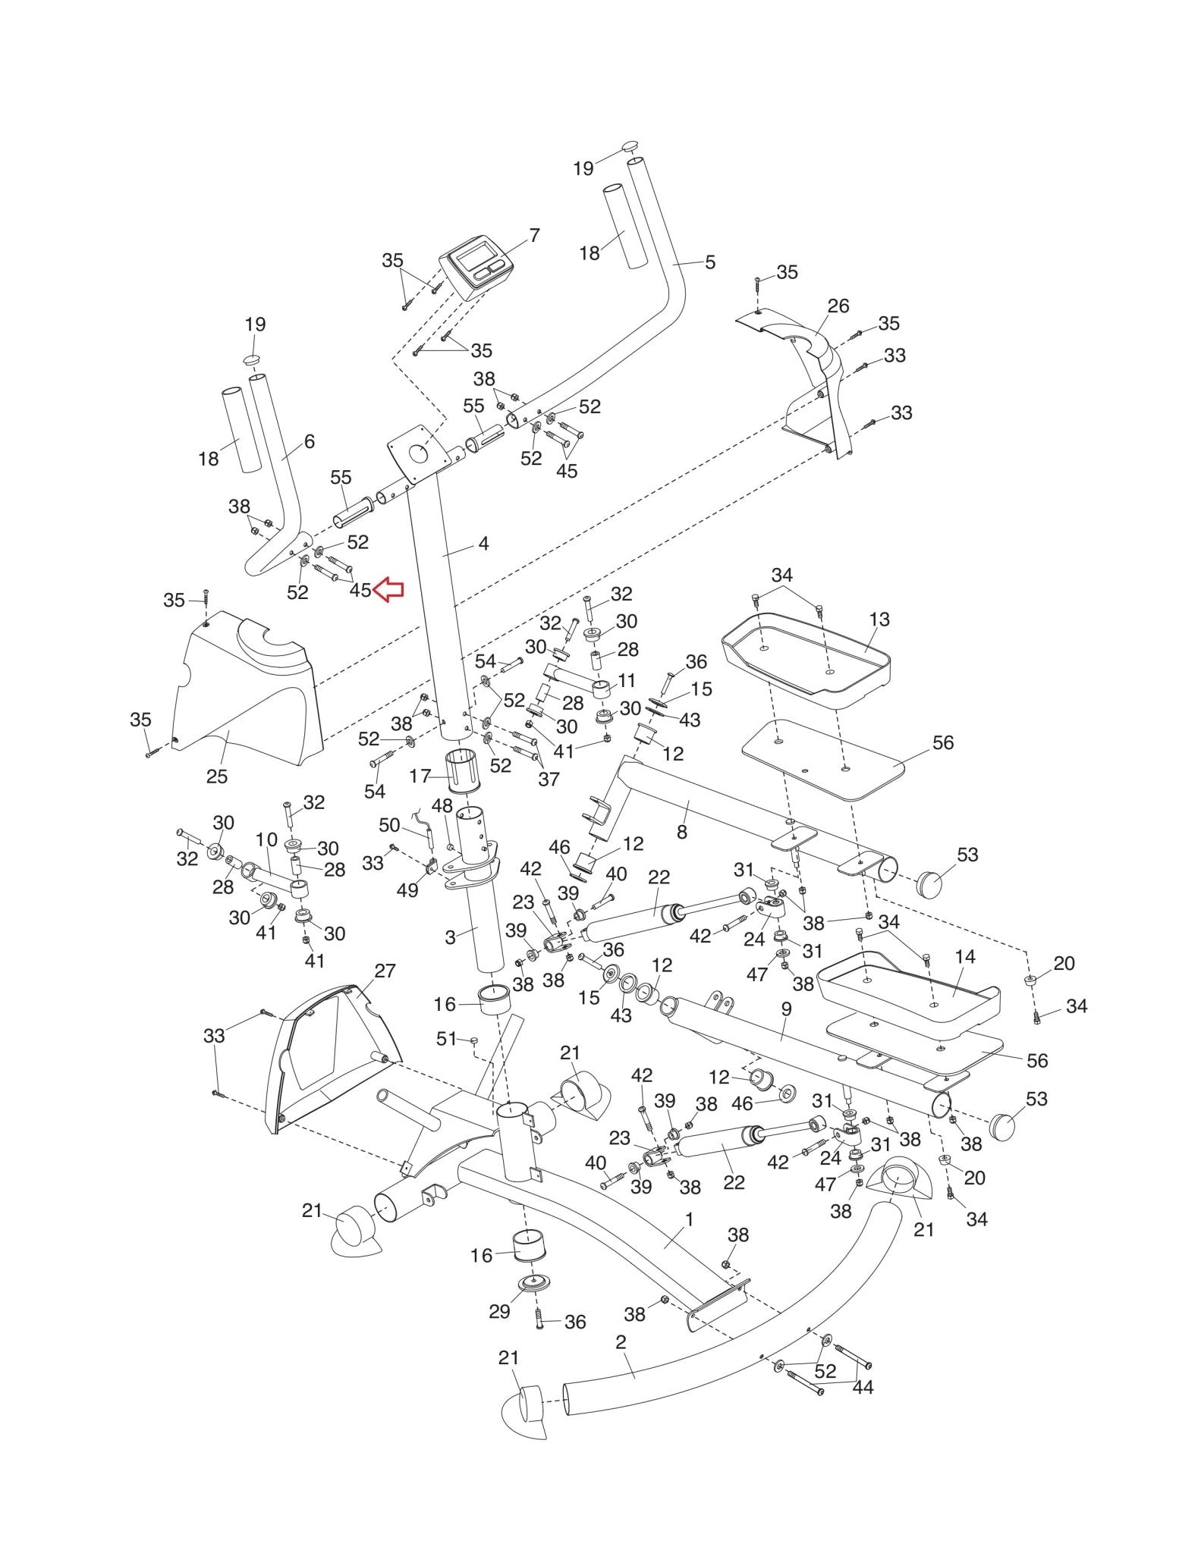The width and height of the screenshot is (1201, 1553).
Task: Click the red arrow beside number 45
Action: click(389, 589)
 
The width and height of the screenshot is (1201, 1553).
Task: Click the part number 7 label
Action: click(534, 236)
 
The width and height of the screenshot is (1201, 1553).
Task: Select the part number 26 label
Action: click(838, 306)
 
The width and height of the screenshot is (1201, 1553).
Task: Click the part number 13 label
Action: click(879, 620)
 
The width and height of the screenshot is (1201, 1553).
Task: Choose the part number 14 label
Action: click(965, 957)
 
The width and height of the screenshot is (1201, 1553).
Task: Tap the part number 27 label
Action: click(385, 971)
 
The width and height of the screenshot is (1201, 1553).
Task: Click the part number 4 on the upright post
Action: click(483, 544)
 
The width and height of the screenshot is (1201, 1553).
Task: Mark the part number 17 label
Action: click(420, 776)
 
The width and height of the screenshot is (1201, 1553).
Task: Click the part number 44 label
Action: click(863, 1386)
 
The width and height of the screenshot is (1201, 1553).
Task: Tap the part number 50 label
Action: click(389, 824)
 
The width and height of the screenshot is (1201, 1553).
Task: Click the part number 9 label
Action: click(786, 1009)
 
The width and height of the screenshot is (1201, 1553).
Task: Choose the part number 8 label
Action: click(682, 831)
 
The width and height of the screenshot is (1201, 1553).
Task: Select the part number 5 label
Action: click(710, 262)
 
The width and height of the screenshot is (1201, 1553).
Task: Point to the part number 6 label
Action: click(309, 441)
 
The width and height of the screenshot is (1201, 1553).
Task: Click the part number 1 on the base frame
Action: click(689, 1219)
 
